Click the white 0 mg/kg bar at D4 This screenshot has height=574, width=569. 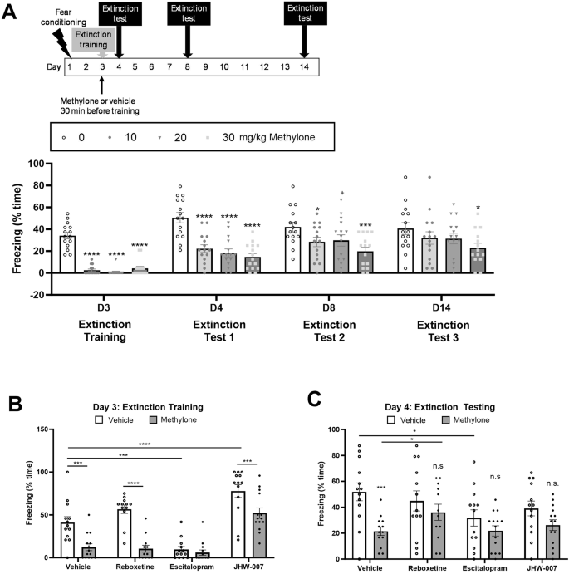(x=179, y=245)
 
